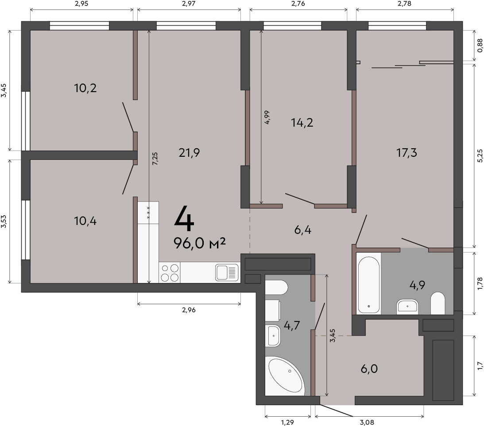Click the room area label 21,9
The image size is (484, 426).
click(x=189, y=152)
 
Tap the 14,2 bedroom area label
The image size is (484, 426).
click(x=302, y=123)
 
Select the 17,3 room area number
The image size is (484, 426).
click(x=407, y=152)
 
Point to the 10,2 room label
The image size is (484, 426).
click(x=85, y=88)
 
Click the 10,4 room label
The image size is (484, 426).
click(x=85, y=221)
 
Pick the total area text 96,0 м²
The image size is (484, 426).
click(x=200, y=243)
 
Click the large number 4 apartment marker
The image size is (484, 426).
click(x=184, y=219)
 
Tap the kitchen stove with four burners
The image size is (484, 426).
click(x=170, y=273)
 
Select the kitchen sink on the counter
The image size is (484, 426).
click(x=227, y=273)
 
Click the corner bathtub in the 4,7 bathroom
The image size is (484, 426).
click(x=286, y=376)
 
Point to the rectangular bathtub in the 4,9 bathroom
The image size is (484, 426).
click(x=368, y=283)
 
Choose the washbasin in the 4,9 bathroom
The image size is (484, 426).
click(x=407, y=306)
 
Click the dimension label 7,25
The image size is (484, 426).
click(x=155, y=159)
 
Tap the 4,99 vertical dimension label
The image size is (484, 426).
click(x=267, y=117)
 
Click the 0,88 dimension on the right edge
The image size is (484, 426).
click(x=480, y=45)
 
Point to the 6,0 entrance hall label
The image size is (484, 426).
click(x=369, y=368)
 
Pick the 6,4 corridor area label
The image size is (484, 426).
click(x=302, y=230)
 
